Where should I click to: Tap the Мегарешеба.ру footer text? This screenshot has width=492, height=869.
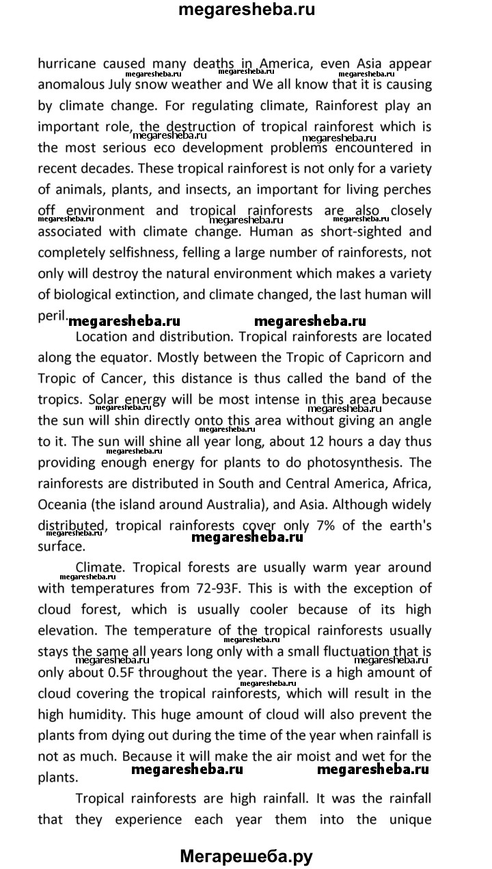click(246, 855)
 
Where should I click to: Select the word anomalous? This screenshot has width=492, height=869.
click(72, 86)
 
